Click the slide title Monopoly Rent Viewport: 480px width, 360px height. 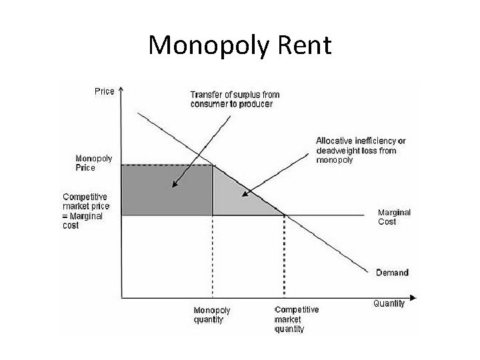coord(239,45)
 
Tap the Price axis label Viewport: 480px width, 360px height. coord(103,91)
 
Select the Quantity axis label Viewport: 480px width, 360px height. coord(389,304)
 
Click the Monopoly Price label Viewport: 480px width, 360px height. coord(94,163)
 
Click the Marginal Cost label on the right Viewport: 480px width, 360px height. coord(394,217)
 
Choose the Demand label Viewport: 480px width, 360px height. coord(392,273)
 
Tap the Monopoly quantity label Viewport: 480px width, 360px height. coord(211,315)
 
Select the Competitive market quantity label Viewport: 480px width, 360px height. coord(296,319)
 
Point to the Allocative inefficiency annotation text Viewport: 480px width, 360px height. coord(360,151)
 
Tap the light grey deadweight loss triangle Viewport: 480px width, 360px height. coord(237,200)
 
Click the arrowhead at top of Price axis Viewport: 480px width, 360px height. coord(121,87)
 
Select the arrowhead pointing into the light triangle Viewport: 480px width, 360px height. coord(245,195)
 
